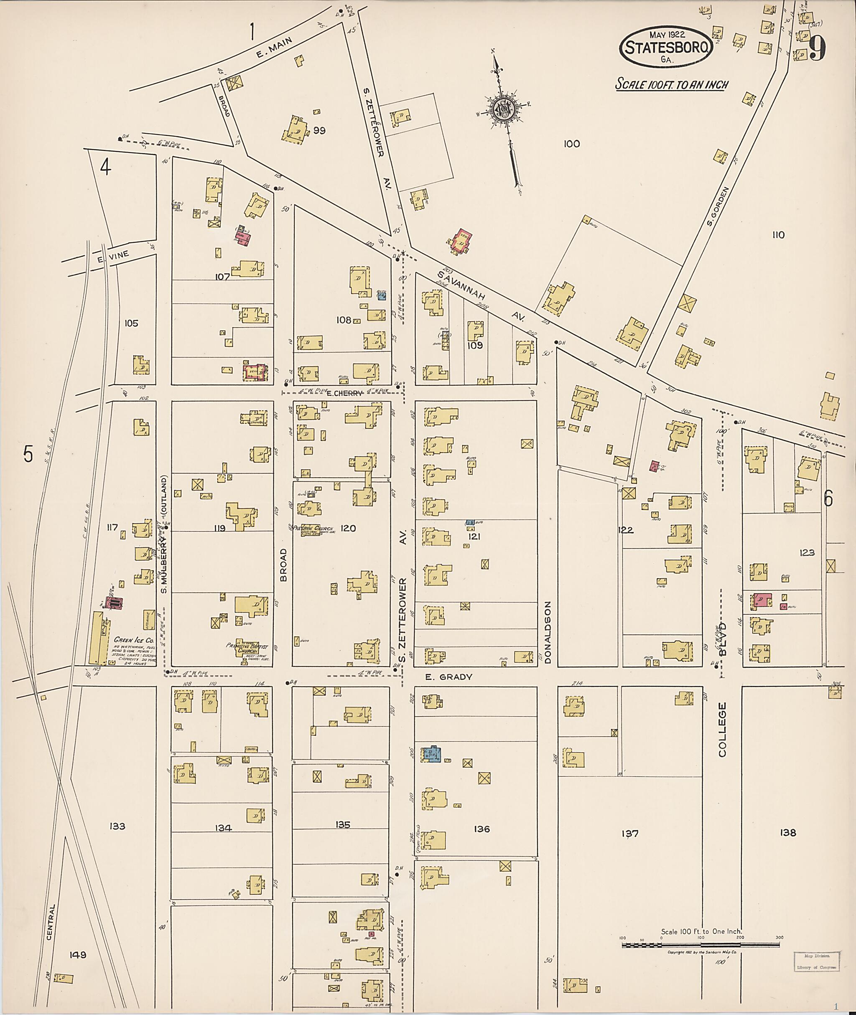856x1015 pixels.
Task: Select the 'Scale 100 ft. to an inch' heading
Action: pyautogui.click(x=672, y=84)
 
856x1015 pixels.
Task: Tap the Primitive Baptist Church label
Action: pyautogui.click(x=244, y=647)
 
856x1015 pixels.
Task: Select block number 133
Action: pyautogui.click(x=117, y=826)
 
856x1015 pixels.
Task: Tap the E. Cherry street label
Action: pyautogui.click(x=344, y=394)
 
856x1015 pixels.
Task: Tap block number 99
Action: pyautogui.click(x=319, y=130)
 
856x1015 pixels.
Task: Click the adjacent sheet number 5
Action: pyautogui.click(x=28, y=454)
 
